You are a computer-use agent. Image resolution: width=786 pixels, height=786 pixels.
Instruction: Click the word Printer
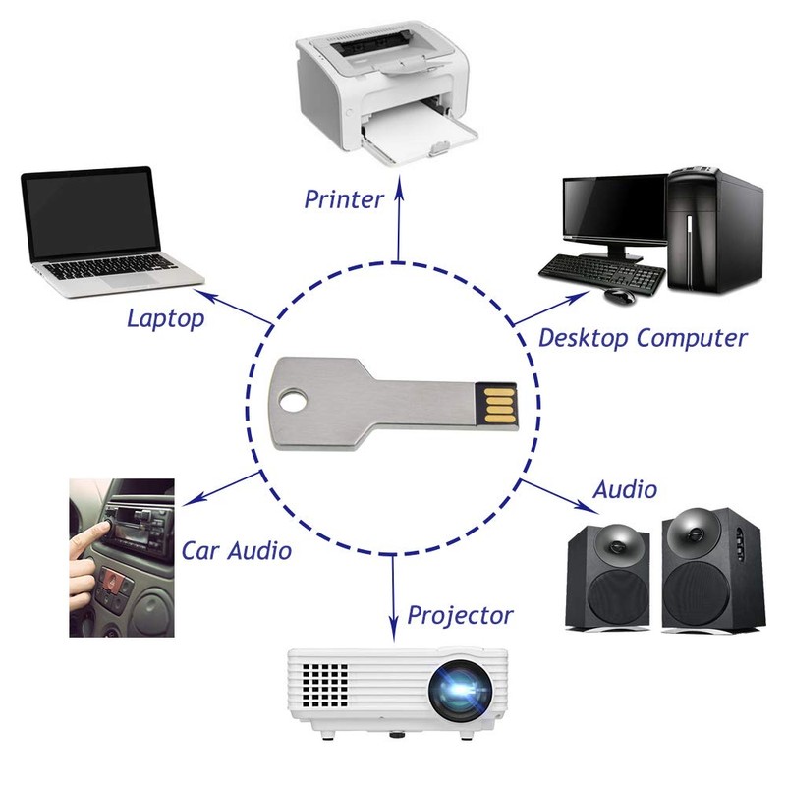(343, 199)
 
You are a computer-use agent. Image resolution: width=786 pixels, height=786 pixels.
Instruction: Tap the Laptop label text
(165, 318)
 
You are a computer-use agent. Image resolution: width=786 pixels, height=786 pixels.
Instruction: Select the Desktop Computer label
(643, 339)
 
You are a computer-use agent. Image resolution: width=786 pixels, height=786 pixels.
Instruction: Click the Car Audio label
(236, 551)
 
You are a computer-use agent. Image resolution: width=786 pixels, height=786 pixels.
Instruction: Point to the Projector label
(460, 616)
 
